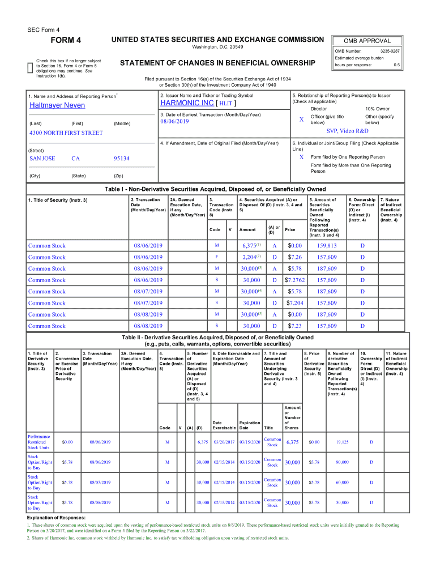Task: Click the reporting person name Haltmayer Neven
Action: (57, 105)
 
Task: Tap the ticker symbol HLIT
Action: (226, 104)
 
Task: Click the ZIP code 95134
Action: (122, 159)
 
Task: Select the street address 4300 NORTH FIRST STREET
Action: (66, 133)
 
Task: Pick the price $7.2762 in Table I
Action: (295, 280)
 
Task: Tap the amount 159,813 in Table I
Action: (327, 246)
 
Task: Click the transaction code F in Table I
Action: (216, 257)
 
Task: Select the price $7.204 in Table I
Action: (295, 303)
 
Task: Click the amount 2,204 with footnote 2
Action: (250, 257)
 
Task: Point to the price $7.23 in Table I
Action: (295, 326)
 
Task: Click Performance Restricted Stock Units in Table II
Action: (39, 442)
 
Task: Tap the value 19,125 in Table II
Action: (342, 442)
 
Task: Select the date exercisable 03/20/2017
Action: (224, 442)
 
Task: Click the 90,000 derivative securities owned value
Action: (342, 462)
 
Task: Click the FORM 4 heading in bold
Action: (66, 40)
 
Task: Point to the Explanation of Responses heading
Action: (56, 518)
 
